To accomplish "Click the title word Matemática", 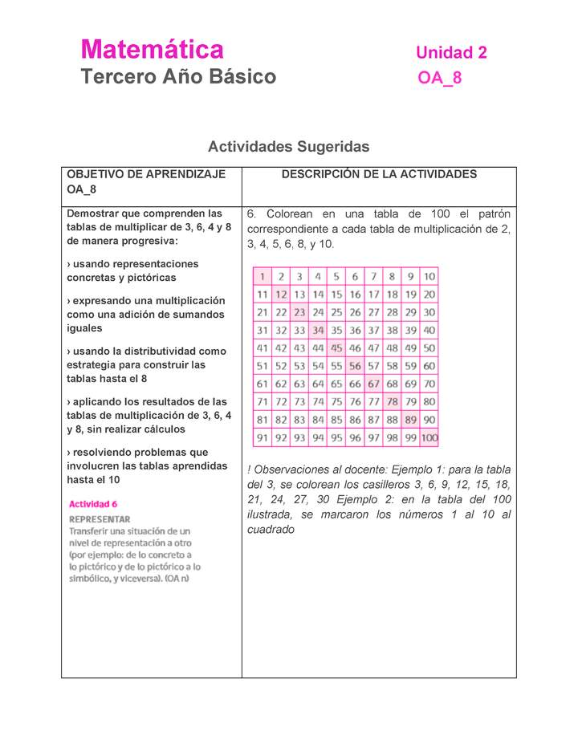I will (152, 50).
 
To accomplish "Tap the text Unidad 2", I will (451, 53).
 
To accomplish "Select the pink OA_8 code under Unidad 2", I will (439, 78).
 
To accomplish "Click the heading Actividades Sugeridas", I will (288, 147).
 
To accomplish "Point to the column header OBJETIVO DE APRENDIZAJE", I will (146, 174).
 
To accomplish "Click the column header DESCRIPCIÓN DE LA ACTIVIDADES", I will (379, 174).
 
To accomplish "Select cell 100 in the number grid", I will (429, 438).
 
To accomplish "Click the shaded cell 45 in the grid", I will (336, 348).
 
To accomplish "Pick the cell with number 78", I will (392, 402).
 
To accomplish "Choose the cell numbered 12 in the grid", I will (281, 295).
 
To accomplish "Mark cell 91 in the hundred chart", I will (263, 438).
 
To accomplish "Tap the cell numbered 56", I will (355, 366).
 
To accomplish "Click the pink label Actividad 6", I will (93, 505).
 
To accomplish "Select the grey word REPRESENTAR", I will (100, 519).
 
